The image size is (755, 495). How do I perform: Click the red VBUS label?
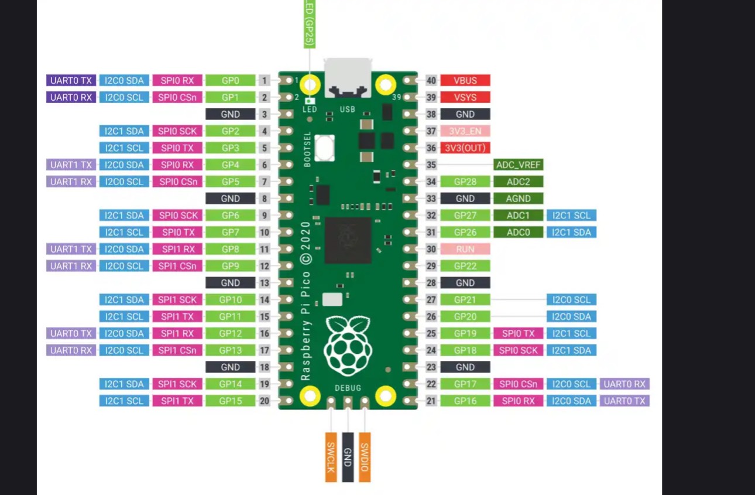point(465,81)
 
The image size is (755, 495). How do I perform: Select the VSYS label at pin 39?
point(465,98)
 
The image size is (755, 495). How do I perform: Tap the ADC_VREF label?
point(518,165)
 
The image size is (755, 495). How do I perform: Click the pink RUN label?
point(465,250)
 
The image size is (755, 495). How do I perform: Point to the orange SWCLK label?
point(331,458)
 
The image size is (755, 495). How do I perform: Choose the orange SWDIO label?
point(365,458)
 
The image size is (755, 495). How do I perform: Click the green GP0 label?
point(230,81)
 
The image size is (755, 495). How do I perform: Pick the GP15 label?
point(230,401)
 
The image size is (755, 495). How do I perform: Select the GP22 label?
point(465,267)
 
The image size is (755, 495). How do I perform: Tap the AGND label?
point(518,199)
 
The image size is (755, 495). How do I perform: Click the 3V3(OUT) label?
point(465,148)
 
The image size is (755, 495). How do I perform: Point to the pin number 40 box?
point(431,81)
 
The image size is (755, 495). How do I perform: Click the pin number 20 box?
point(265,401)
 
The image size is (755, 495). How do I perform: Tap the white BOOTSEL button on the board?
point(324,148)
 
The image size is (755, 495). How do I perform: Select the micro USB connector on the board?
point(348,77)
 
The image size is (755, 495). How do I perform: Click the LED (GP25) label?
point(309,23)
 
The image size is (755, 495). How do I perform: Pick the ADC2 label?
point(518,182)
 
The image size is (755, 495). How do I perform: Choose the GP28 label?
point(465,182)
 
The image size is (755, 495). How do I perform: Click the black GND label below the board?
point(348,458)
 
